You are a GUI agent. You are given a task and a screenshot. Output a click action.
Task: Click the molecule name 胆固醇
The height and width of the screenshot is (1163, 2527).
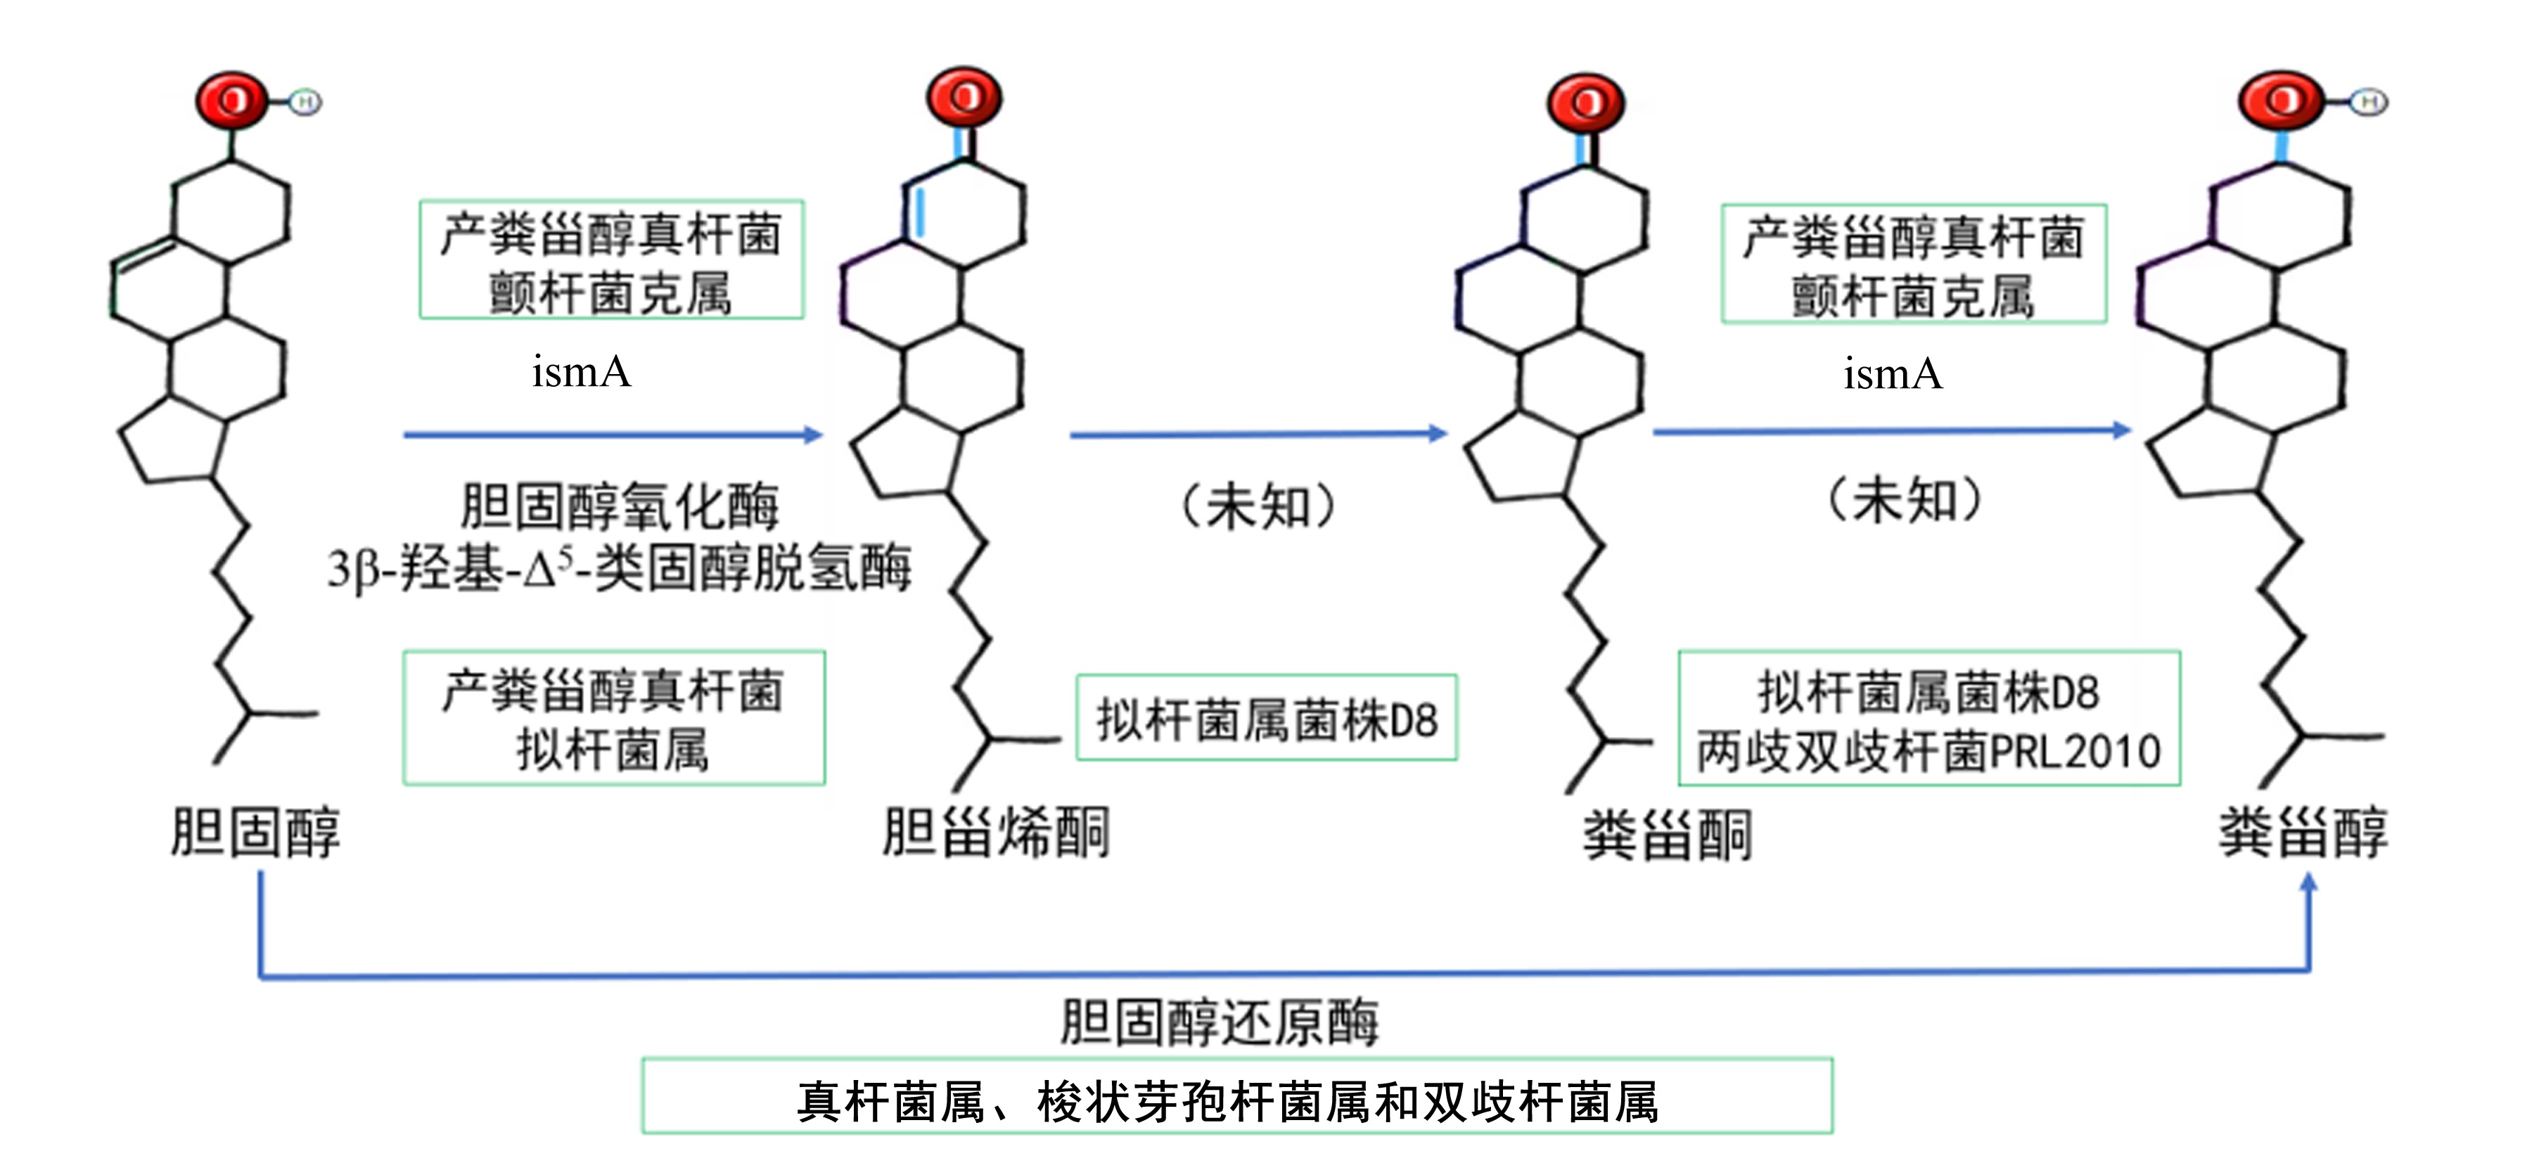255,833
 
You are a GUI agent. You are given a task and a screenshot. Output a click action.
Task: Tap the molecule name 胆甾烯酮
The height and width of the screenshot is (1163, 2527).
996,833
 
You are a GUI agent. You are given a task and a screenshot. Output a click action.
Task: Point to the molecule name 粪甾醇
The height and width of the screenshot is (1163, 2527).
2303,833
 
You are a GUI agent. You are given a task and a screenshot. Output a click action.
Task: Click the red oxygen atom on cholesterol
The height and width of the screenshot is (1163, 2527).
231,100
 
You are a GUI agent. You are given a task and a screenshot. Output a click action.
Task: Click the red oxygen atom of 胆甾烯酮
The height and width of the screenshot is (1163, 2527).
964,97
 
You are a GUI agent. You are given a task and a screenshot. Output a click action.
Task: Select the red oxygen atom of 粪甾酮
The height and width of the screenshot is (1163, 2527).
1585,103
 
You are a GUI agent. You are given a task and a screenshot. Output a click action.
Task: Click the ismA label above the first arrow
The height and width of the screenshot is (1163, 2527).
582,372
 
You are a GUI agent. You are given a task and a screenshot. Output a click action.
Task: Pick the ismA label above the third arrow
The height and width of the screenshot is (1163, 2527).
1893,373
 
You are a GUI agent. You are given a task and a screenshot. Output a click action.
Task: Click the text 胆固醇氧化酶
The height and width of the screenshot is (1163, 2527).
620,506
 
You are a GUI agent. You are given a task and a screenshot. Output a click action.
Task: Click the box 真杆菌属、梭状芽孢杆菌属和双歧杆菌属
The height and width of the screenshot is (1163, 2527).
1237,1096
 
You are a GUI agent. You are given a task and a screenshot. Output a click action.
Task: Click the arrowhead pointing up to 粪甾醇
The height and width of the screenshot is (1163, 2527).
2309,882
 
